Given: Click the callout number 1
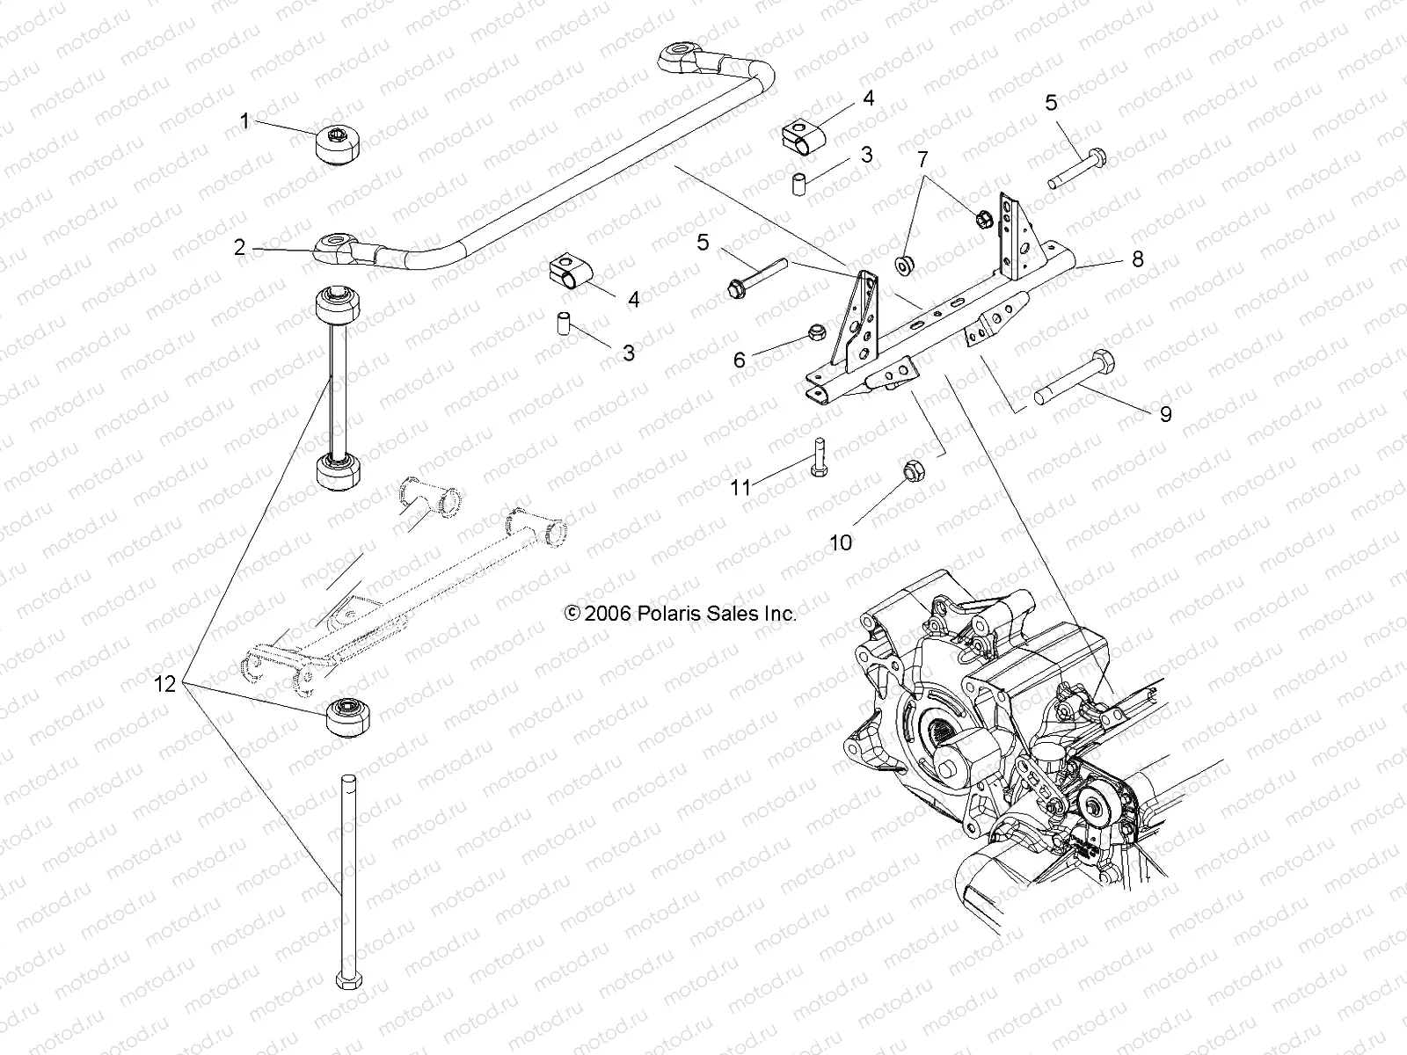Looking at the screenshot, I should tap(245, 120).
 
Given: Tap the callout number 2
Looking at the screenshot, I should tap(239, 248).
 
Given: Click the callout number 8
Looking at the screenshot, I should tap(1137, 258).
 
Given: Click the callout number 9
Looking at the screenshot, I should tap(1165, 414).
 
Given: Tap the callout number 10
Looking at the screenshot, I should tap(841, 542).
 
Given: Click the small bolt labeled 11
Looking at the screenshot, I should tap(817, 457).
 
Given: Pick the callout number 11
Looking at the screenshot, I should tap(741, 486).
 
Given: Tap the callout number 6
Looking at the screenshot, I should tap(740, 359).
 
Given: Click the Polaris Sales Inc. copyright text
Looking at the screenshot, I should tap(682, 614).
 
